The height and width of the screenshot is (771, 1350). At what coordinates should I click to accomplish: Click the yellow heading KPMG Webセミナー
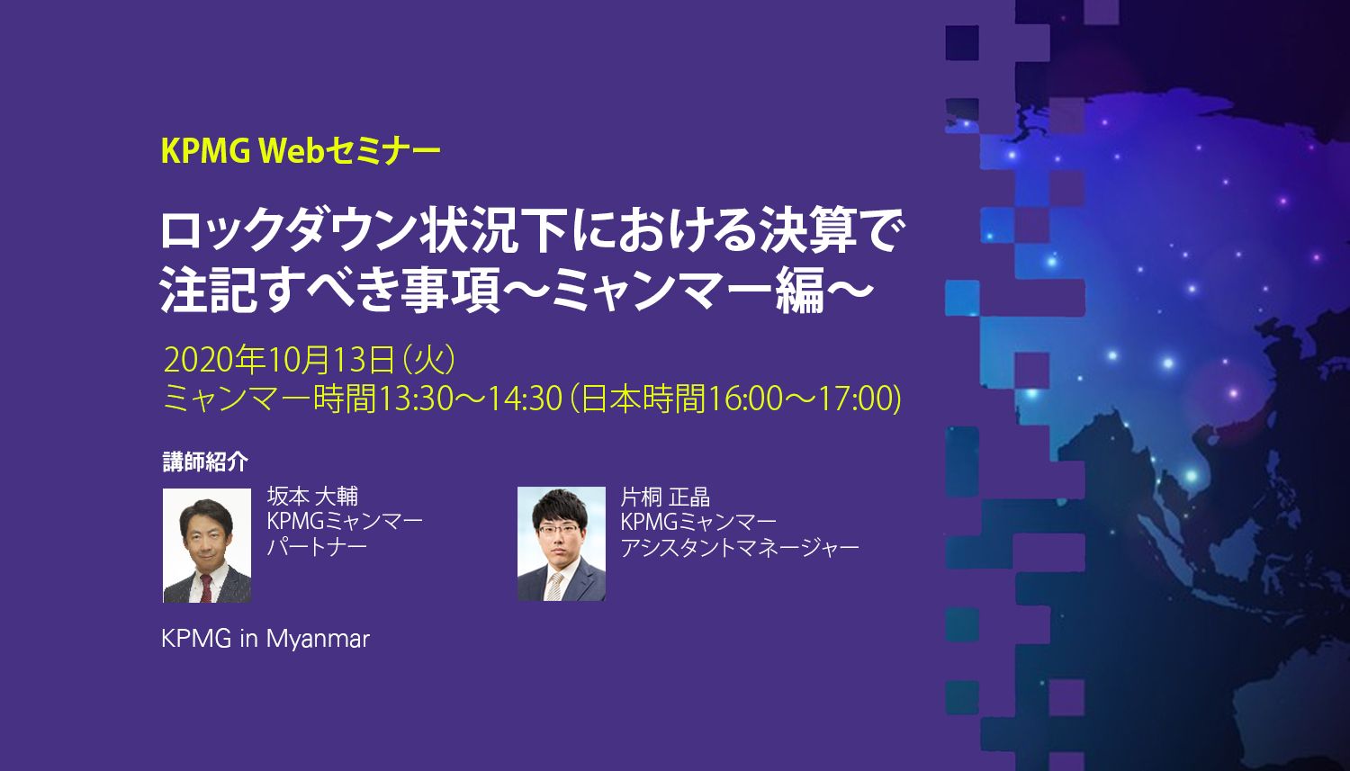pos(301,151)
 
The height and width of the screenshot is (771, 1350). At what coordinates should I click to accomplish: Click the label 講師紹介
pos(205,462)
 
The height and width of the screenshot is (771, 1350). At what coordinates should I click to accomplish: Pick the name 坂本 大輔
pos(312,497)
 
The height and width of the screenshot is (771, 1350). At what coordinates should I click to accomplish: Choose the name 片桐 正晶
pos(665,497)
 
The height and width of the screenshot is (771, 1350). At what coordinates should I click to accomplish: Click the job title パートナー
pos(317,547)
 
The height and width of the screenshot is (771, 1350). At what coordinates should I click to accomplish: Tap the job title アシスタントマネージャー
pos(739,547)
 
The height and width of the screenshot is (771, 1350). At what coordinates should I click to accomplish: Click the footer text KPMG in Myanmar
pos(265,639)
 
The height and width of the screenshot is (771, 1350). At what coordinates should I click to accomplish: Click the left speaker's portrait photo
pos(207,545)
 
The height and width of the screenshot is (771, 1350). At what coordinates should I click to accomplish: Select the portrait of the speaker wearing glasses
pos(562,543)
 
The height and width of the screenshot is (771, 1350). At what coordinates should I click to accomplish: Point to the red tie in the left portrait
pos(207,587)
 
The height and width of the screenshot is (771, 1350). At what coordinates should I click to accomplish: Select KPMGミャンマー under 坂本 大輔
pos(345,522)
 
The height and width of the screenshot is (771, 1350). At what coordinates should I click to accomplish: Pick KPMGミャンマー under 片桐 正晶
pos(698,522)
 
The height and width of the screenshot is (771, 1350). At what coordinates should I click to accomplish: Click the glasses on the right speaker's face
pos(560,529)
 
